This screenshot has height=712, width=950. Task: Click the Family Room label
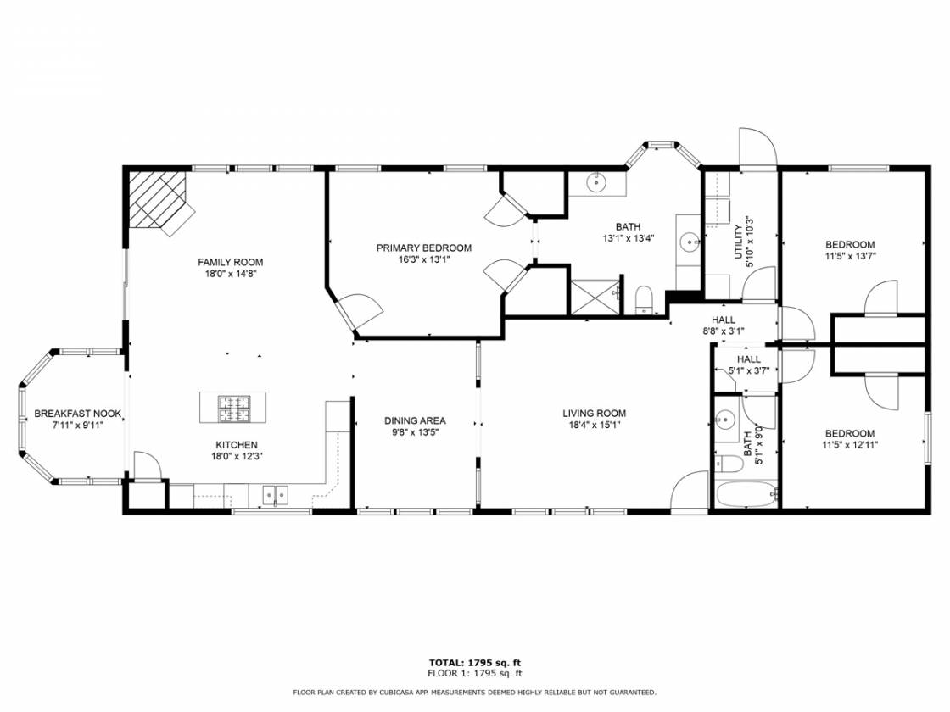pos(230,262)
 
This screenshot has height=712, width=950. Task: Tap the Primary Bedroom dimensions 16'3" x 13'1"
pos(423,259)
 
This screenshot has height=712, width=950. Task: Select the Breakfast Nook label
pos(77,414)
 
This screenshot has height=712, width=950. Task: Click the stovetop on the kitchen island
pos(234,408)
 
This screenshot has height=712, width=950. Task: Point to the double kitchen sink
pos(275,495)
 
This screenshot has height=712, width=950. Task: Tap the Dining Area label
pos(415,420)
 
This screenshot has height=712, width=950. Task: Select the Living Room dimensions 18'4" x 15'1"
pos(594,425)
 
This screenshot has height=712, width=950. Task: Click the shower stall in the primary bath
pos(595,297)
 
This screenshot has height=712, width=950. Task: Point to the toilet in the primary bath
pos(644,300)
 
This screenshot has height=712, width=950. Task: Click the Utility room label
pos(738,242)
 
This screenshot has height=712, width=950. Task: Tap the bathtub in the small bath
pos(746,495)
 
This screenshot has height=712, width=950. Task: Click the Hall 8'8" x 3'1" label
pos(724,320)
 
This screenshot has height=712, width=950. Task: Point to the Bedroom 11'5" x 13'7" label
pos(850,245)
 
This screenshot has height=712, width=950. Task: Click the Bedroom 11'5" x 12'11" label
pos(850,433)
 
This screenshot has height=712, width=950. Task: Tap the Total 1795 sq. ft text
pos(475,663)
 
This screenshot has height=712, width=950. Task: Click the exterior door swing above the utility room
pos(757,147)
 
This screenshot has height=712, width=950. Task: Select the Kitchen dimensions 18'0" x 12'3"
pos(237,457)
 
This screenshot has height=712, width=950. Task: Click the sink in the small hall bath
pos(725,419)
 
